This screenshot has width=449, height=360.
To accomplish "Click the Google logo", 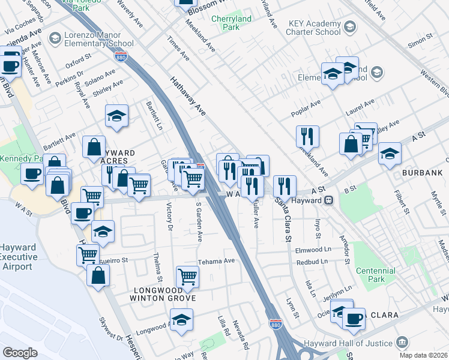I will tap(20, 352).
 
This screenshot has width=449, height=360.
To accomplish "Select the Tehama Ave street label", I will tap(216, 262).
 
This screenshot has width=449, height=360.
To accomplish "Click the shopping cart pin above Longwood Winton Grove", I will tap(188, 277).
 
